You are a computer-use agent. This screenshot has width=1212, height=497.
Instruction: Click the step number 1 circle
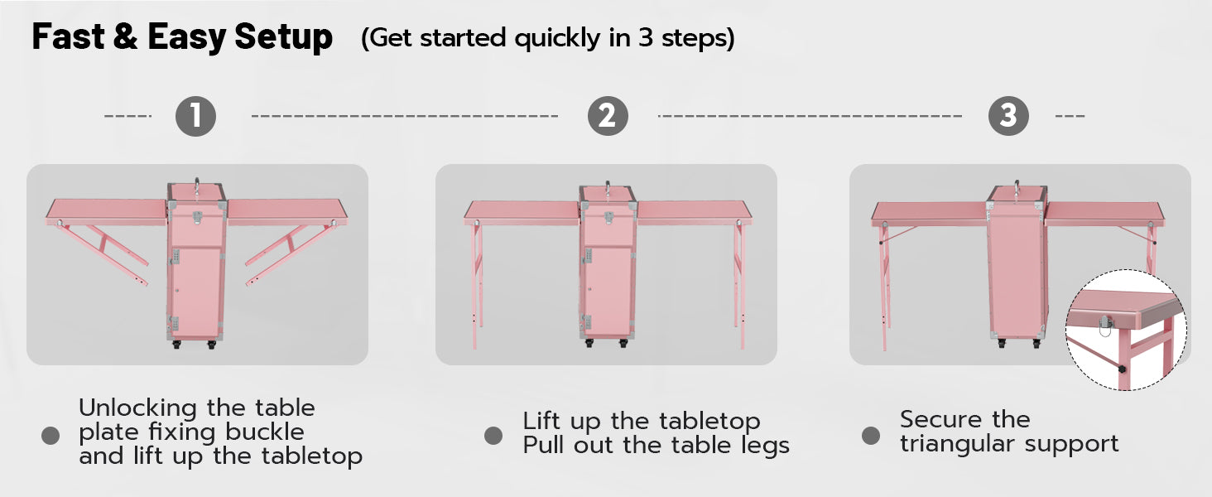tap(196, 117)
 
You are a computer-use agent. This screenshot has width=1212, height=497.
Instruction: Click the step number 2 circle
tap(608, 117)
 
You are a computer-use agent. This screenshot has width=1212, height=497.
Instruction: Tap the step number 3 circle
tap(1008, 116)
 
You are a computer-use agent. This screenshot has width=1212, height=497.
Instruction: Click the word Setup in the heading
tap(283, 37)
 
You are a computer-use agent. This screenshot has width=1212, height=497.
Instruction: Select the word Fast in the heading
tap(68, 36)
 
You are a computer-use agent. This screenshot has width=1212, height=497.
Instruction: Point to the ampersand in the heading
tap(126, 36)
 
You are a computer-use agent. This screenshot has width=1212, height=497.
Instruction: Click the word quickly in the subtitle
tap(557, 39)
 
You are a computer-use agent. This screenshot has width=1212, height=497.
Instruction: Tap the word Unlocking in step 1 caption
tap(137, 408)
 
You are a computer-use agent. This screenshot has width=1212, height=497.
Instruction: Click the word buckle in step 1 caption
tap(265, 432)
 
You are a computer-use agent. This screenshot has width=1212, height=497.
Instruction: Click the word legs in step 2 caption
tap(765, 446)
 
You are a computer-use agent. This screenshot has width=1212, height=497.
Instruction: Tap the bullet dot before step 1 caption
tap(50, 436)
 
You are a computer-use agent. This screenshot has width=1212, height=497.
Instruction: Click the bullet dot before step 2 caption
tap(493, 435)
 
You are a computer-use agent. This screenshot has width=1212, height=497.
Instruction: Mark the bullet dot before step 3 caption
tap(871, 435)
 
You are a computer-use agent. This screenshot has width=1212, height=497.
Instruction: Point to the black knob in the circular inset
tap(1122, 369)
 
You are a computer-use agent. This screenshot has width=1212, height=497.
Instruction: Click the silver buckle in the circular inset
tap(1105, 326)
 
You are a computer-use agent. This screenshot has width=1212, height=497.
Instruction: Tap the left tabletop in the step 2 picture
tap(522, 213)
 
